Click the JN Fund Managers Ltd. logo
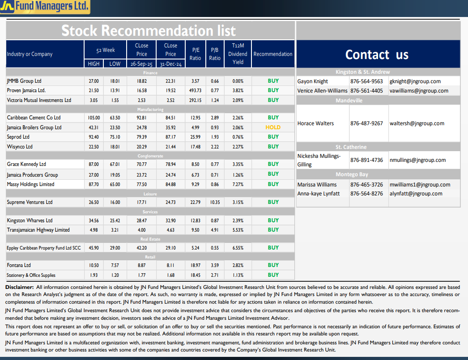pos(45,7)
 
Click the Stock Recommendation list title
pos(148,30)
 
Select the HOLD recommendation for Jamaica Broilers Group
pos(273,127)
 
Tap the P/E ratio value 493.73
pos(195,90)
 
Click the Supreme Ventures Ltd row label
pos(30,202)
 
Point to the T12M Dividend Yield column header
pos(238,54)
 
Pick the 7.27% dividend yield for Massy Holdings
pos(238,184)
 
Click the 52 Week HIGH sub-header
pos(94,64)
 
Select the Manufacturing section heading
pos(150,109)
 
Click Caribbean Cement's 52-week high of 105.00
pos(94,118)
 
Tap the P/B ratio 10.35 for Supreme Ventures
pos(215,202)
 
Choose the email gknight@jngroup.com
pos(415,81)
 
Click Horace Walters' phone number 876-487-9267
pos(366,123)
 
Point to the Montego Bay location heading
pos(352,174)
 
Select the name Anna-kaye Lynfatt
pos(319,194)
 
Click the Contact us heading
pos(377,55)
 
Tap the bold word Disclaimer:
pos(19,287)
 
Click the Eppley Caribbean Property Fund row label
pos(44,248)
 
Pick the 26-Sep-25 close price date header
pos(141,64)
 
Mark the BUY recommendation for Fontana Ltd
pos(273,265)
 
